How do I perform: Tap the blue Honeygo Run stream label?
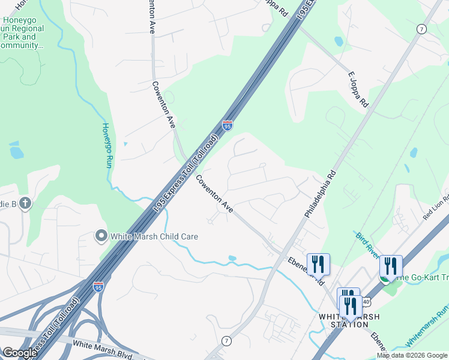coord(107,145)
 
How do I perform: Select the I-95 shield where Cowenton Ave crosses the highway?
coord(227,125)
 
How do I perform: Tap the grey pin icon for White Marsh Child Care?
coord(101,236)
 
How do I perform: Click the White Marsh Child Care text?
coord(154,237)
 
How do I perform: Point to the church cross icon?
coord(25,203)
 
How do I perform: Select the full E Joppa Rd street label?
coord(358,89)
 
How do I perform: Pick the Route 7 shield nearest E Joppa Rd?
coord(422,29)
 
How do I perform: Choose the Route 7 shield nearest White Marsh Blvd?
coord(226,341)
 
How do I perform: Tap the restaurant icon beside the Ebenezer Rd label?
coord(318,263)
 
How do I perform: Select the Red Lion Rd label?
coord(436,206)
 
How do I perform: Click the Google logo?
coord(19,353)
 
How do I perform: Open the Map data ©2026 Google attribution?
coord(411,355)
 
